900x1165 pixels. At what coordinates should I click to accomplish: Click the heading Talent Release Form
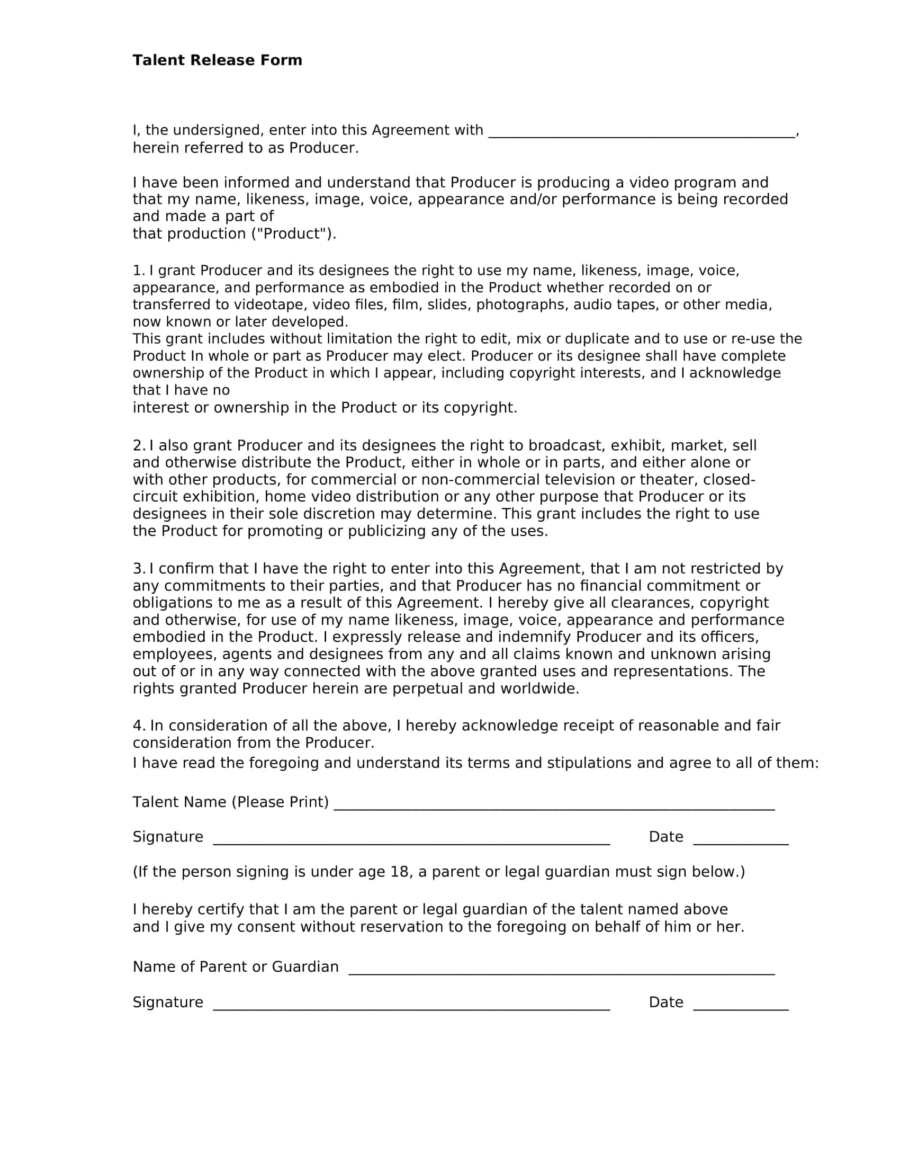217,60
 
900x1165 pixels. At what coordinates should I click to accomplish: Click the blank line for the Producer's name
642,133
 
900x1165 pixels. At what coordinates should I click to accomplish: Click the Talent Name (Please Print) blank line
553,805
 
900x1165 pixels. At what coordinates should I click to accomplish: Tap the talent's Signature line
411,840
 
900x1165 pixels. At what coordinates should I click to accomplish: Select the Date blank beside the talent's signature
740,840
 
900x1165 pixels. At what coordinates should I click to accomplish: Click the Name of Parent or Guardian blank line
561,970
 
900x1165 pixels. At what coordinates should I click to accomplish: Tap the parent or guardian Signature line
411,1006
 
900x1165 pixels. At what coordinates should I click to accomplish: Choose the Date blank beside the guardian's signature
740,1006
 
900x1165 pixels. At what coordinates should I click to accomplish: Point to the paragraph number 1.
138,271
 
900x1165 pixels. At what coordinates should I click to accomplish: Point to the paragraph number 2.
138,445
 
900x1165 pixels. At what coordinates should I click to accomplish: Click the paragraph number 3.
138,569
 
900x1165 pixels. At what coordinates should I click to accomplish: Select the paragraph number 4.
139,725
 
